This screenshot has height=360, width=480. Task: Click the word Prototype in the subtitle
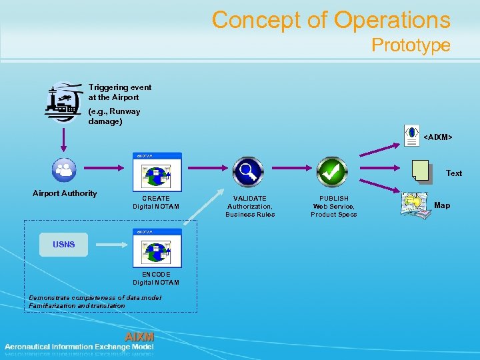click(411, 45)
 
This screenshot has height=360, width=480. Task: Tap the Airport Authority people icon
click(65, 169)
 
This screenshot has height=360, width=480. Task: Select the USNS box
click(64, 245)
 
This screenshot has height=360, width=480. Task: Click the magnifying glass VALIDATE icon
click(247, 171)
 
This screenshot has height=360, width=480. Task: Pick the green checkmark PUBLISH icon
click(332, 171)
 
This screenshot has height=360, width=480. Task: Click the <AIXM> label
click(438, 137)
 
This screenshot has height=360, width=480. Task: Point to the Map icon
click(413, 204)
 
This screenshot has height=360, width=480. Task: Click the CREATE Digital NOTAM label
click(156, 203)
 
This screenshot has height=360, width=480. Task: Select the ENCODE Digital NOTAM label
click(156, 279)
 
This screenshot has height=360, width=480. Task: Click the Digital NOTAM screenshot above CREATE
click(157, 172)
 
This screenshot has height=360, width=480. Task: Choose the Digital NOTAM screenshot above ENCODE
click(157, 247)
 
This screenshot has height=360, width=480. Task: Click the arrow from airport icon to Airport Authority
click(64, 140)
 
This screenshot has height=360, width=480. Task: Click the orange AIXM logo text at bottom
click(139, 337)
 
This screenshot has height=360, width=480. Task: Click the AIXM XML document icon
click(413, 135)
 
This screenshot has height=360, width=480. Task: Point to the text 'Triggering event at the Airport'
click(120, 92)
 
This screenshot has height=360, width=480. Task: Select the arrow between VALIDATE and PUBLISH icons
click(289, 171)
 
